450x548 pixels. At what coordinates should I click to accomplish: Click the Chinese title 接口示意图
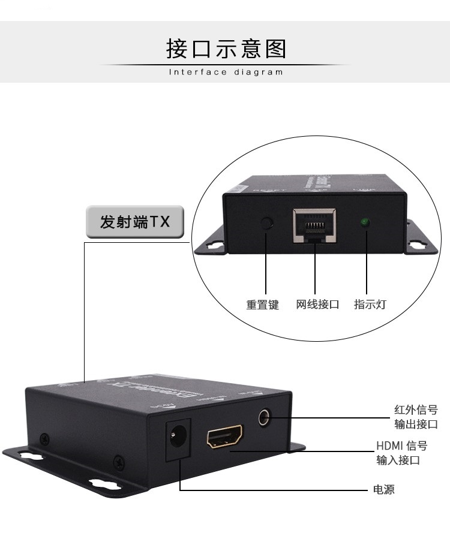pos(226,49)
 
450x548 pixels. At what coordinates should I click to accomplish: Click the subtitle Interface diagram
pos(226,73)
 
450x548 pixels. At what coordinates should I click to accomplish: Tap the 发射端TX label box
pos(135,222)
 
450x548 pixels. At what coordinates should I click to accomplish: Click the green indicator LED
pos(364,223)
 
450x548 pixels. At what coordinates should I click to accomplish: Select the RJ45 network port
pos(314,225)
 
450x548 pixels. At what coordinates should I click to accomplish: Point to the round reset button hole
pos(268,224)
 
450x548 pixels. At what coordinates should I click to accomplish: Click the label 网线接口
pos(317,305)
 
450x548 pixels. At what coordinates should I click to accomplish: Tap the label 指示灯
pos(370,305)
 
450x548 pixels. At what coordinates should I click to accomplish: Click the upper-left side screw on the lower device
pos(43,438)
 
